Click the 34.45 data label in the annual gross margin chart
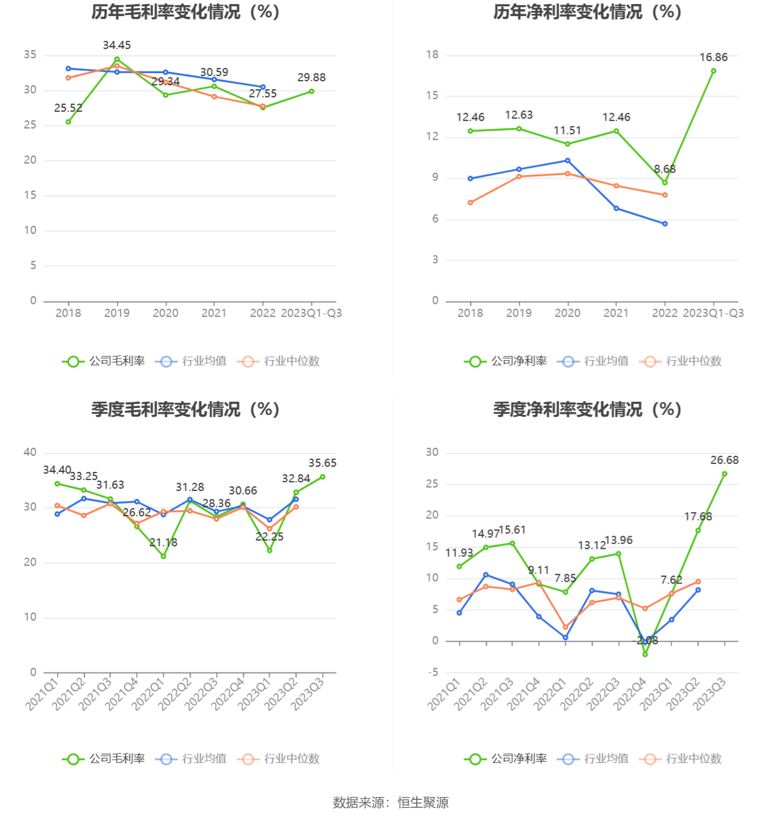[x=117, y=45]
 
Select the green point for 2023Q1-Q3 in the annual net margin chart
[x=714, y=71]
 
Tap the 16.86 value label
[x=714, y=58]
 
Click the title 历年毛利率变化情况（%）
[x=185, y=12]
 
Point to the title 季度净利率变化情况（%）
[x=587, y=410]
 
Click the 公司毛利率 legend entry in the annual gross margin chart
[x=103, y=361]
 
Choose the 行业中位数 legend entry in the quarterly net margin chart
[x=680, y=759]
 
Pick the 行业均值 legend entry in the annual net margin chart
[x=593, y=361]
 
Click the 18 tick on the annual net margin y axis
[x=432, y=55]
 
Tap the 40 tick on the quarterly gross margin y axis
[x=30, y=452]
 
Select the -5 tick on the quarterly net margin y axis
[x=432, y=672]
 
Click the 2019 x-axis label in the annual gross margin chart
[x=117, y=313]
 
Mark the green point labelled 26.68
[x=724, y=474]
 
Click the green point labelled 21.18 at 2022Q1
[x=163, y=556]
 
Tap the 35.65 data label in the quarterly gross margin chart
[x=323, y=463]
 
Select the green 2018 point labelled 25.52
[x=68, y=122]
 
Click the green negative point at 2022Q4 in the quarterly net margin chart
[x=645, y=654]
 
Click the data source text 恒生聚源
[x=423, y=803]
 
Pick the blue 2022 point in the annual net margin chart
[x=665, y=224]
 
